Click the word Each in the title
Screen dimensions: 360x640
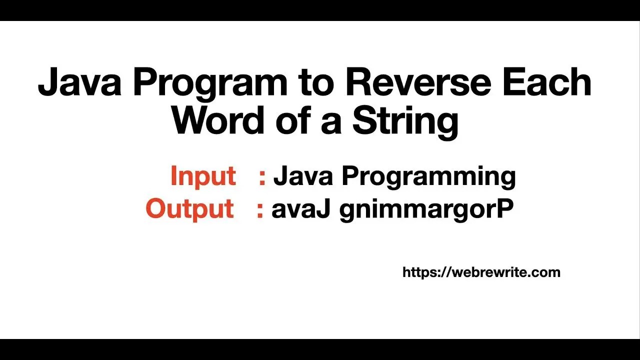[547, 82]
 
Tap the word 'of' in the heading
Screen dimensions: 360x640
[292, 121]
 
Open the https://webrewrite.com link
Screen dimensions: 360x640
[481, 272]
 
